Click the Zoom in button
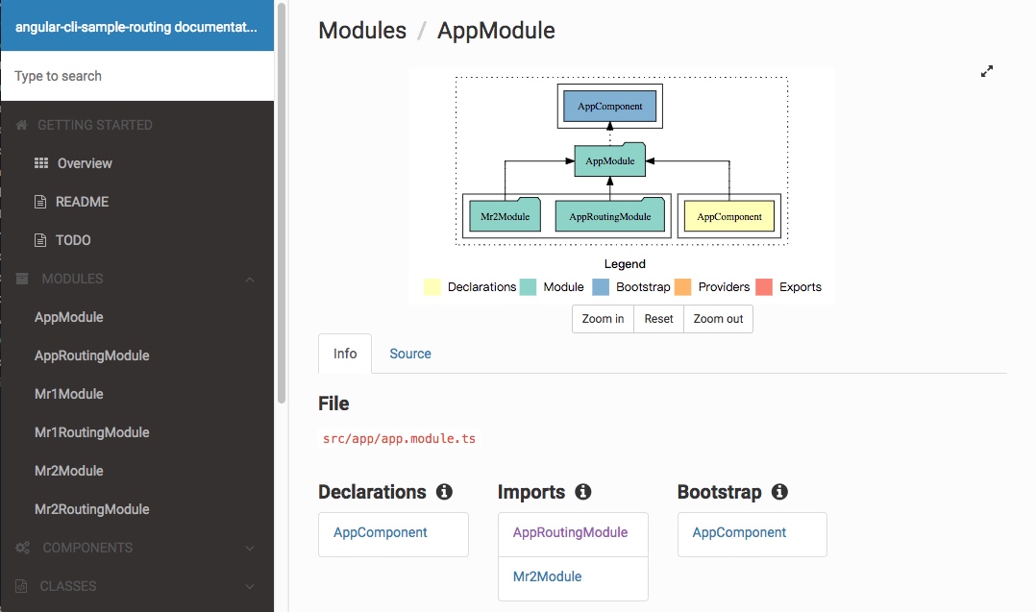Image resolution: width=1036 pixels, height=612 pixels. [x=603, y=319]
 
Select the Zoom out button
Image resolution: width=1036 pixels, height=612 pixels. [x=718, y=319]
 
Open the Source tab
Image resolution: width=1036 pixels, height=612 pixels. [x=410, y=354]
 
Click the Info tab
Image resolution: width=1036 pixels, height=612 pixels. [x=345, y=354]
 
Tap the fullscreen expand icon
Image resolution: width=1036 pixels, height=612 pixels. [x=987, y=71]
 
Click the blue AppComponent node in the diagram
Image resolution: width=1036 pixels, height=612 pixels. [x=610, y=107]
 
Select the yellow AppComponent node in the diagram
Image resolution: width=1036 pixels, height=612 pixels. [x=729, y=216]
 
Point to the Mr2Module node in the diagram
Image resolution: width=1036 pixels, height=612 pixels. [x=505, y=215]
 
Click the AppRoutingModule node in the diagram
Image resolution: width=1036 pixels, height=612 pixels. [x=610, y=215]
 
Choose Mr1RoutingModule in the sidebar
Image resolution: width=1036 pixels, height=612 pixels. [x=92, y=432]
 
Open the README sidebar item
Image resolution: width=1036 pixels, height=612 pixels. [x=82, y=202]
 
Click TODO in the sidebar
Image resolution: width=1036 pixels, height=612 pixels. [x=73, y=240]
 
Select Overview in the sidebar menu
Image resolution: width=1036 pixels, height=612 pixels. [x=85, y=163]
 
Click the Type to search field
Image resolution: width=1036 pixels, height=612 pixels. [x=137, y=76]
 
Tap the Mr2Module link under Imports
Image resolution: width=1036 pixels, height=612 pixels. [x=547, y=576]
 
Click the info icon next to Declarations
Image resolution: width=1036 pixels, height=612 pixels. [x=444, y=492]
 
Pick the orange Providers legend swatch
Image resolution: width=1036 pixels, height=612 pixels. [x=682, y=287]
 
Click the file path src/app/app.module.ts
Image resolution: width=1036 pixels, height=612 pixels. [x=399, y=439]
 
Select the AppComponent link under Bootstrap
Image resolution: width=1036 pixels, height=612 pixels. [x=739, y=533]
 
